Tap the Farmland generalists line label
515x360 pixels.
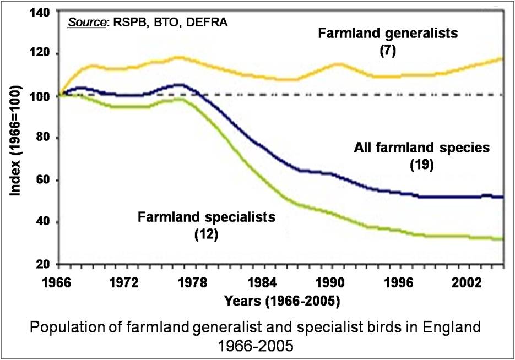pyautogui.click(x=388, y=34)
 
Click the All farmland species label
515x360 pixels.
pyautogui.click(x=421, y=148)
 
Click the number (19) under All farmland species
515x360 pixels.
pyautogui.click(x=421, y=165)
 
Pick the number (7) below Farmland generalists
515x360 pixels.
pyautogui.click(x=388, y=51)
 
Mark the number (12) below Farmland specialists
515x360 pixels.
pyautogui.click(x=206, y=234)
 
